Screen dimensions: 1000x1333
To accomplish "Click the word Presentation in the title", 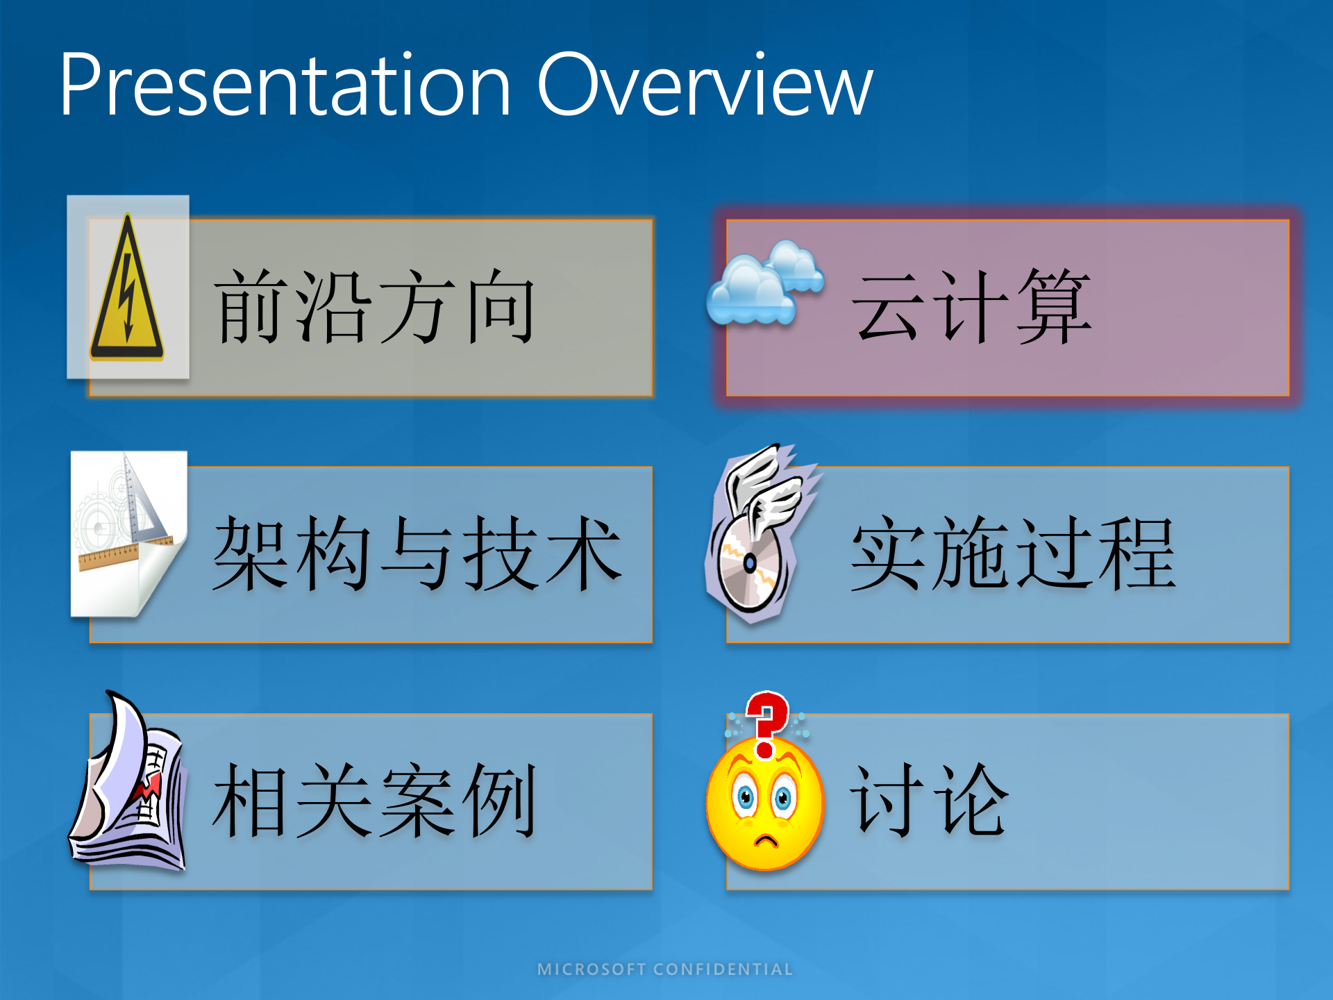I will (x=285, y=87).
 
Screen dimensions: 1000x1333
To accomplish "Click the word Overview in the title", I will (x=705, y=87).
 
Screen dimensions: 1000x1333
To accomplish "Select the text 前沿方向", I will (x=375, y=307).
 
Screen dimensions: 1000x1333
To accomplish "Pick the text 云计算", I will (x=972, y=307).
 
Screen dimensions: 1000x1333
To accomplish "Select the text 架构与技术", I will (x=417, y=553).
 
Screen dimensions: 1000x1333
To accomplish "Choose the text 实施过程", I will (x=1014, y=553).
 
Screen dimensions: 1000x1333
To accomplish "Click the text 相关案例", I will (x=375, y=800).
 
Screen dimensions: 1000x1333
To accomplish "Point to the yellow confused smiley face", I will (x=765, y=806).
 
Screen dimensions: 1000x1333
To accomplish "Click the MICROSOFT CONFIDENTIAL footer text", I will (x=665, y=969).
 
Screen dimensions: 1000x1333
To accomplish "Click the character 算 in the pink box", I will (x=1054, y=307).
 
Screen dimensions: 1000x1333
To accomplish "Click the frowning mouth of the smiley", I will (x=766, y=841).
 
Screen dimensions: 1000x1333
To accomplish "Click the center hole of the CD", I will (x=750, y=562).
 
